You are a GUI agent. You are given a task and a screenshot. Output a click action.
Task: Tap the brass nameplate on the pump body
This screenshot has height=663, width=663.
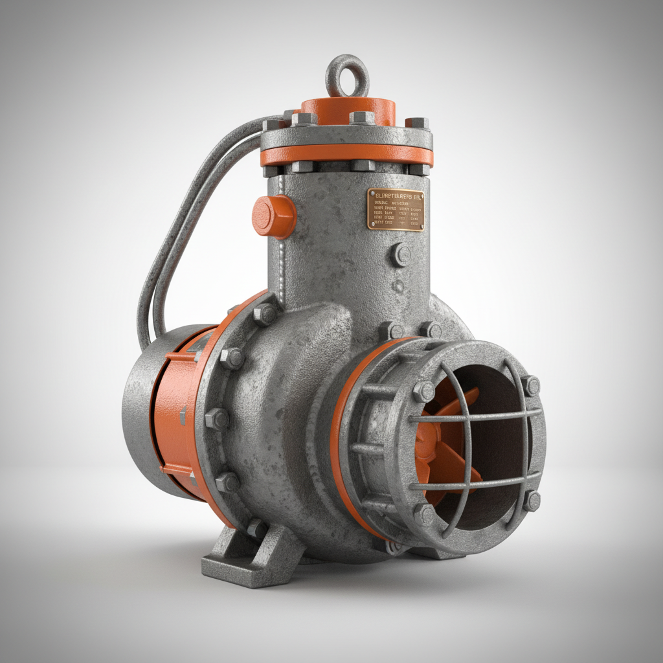pos(396,209)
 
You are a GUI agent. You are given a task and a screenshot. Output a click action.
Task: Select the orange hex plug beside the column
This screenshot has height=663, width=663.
pos(273,216)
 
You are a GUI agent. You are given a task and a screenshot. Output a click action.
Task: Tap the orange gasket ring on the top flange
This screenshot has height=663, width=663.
pos(346,155)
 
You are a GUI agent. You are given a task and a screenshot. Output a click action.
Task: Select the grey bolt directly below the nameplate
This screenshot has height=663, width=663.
pos(401,254)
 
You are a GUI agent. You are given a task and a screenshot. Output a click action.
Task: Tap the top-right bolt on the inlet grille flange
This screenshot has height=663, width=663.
pos(531,386)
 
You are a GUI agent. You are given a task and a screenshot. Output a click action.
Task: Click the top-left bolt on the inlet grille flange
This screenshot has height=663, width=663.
pos(424,391)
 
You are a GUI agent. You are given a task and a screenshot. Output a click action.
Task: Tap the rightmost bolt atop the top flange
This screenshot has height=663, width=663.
pos(417,123)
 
